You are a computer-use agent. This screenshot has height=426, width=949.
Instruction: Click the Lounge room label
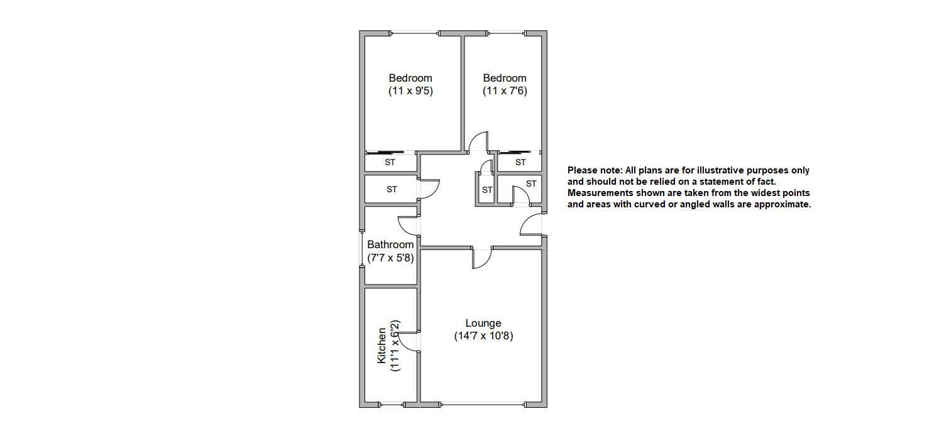(x=483, y=324)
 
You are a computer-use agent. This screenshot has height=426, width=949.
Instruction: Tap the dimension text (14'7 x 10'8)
(x=483, y=336)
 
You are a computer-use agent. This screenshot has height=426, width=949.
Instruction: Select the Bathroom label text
(x=390, y=244)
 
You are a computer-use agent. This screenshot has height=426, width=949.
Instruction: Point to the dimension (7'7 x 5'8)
(x=390, y=257)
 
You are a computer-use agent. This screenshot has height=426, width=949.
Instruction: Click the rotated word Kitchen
(x=381, y=345)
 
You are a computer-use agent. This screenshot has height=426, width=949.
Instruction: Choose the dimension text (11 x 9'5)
(x=410, y=90)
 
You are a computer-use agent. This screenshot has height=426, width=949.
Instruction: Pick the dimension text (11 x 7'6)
(x=505, y=90)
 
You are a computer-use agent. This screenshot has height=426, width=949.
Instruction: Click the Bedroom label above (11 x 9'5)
(x=410, y=78)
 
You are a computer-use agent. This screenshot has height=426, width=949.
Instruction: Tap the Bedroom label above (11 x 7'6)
(x=505, y=78)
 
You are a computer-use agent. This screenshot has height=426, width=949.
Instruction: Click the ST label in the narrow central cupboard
(x=487, y=190)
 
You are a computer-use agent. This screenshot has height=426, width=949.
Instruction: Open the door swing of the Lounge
(x=481, y=258)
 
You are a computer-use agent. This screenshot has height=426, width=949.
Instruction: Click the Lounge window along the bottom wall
(x=483, y=404)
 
